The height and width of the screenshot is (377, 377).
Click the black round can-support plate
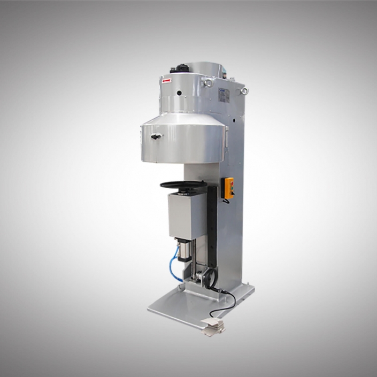183,185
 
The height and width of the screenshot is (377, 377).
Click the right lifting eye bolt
244,90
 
